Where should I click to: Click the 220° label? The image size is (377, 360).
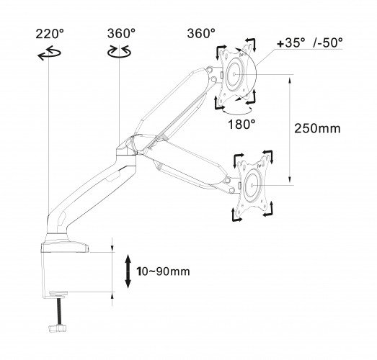[50, 34]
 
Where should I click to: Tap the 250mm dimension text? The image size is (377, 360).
[317, 128]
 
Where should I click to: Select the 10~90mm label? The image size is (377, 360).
[163, 271]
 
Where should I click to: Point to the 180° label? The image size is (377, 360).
[241, 125]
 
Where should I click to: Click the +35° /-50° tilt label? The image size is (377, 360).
[310, 43]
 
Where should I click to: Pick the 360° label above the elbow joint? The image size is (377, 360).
[121, 33]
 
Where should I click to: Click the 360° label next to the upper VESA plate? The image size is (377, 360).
[201, 33]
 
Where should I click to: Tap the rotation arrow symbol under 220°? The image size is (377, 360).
[49, 53]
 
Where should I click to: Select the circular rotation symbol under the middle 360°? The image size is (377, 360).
[119, 51]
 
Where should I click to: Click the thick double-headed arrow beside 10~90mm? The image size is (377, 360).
[128, 271]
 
